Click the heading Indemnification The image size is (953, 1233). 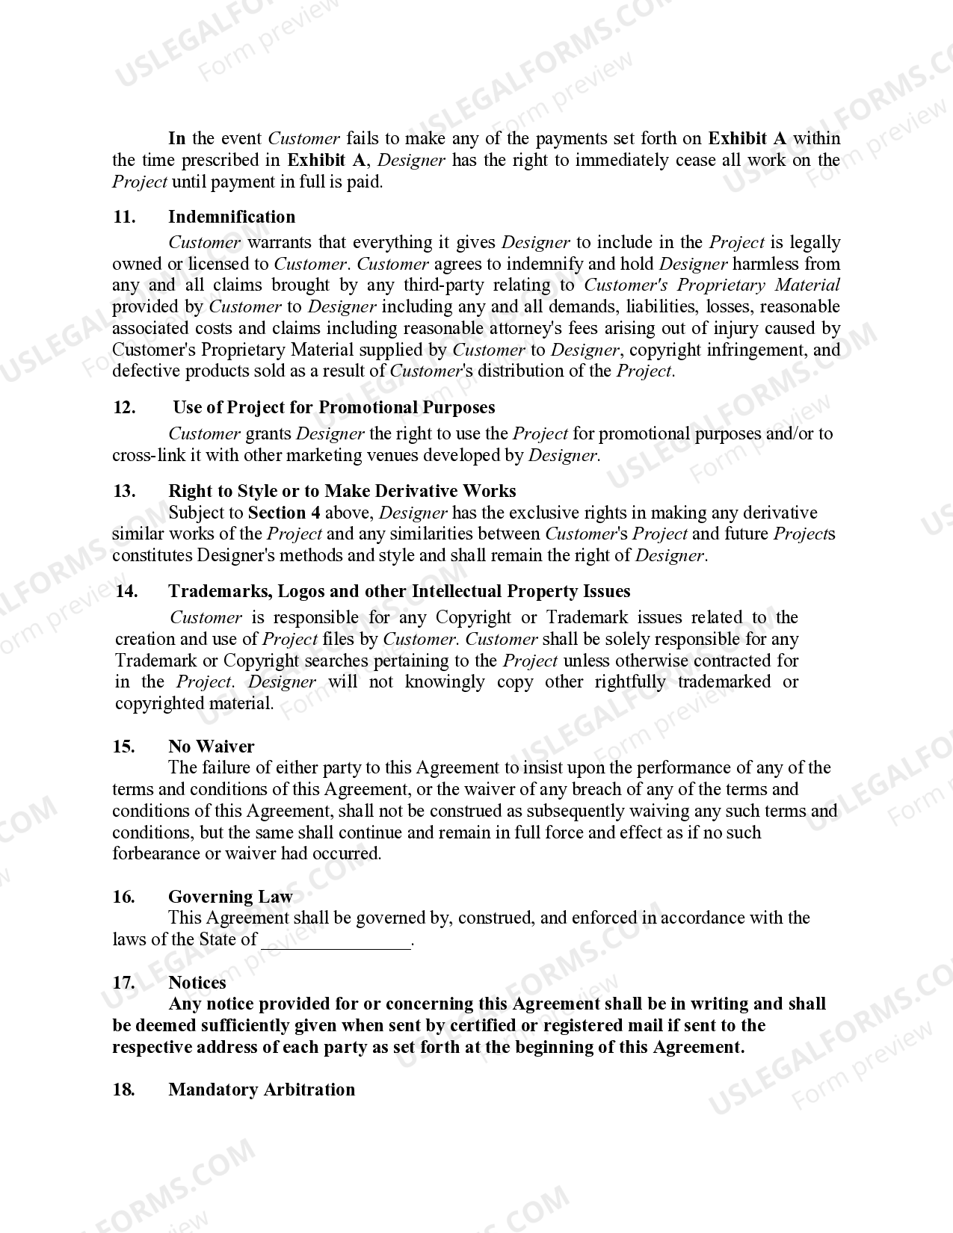pos(232,217)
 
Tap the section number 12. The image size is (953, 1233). pos(124,407)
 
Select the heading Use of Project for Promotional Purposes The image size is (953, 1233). pos(334,407)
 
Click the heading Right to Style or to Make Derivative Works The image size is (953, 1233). pos(342,491)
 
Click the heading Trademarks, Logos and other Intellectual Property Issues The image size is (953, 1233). pos(399,591)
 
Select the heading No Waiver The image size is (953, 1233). pos(211,746)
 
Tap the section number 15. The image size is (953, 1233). pos(123,746)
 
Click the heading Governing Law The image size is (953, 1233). pos(230,896)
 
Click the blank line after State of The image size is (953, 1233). pos(336,940)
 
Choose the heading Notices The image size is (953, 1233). pos(197,983)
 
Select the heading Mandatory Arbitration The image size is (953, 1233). pos(262,1090)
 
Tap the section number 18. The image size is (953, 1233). pos(123,1090)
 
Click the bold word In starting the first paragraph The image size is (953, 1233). pos(176,138)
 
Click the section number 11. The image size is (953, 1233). pos(123,217)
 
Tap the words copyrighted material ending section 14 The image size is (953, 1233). pos(194,703)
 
